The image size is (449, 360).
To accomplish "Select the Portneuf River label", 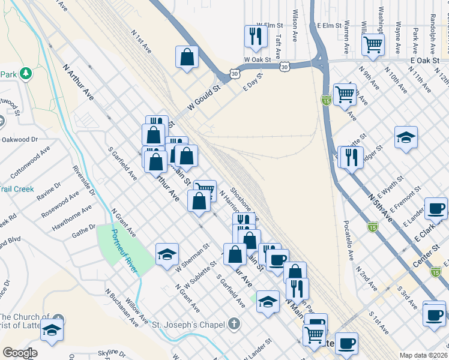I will pyautogui.click(x=125, y=248).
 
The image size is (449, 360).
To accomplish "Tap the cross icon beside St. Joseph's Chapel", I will pyautogui.click(x=235, y=325).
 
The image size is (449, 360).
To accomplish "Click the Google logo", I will pyautogui.click(x=20, y=353).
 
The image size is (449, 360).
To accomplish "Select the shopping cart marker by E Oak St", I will pyautogui.click(x=373, y=43).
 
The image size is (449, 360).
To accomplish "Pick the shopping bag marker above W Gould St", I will pyautogui.click(x=187, y=57).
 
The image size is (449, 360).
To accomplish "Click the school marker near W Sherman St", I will pyautogui.click(x=167, y=253).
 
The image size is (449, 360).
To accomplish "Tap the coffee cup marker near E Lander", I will pyautogui.click(x=436, y=208).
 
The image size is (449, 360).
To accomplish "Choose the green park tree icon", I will pyautogui.click(x=25, y=74).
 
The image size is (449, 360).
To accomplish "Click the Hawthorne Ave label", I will pyautogui.click(x=72, y=218).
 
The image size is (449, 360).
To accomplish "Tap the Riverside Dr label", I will pyautogui.click(x=83, y=181).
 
